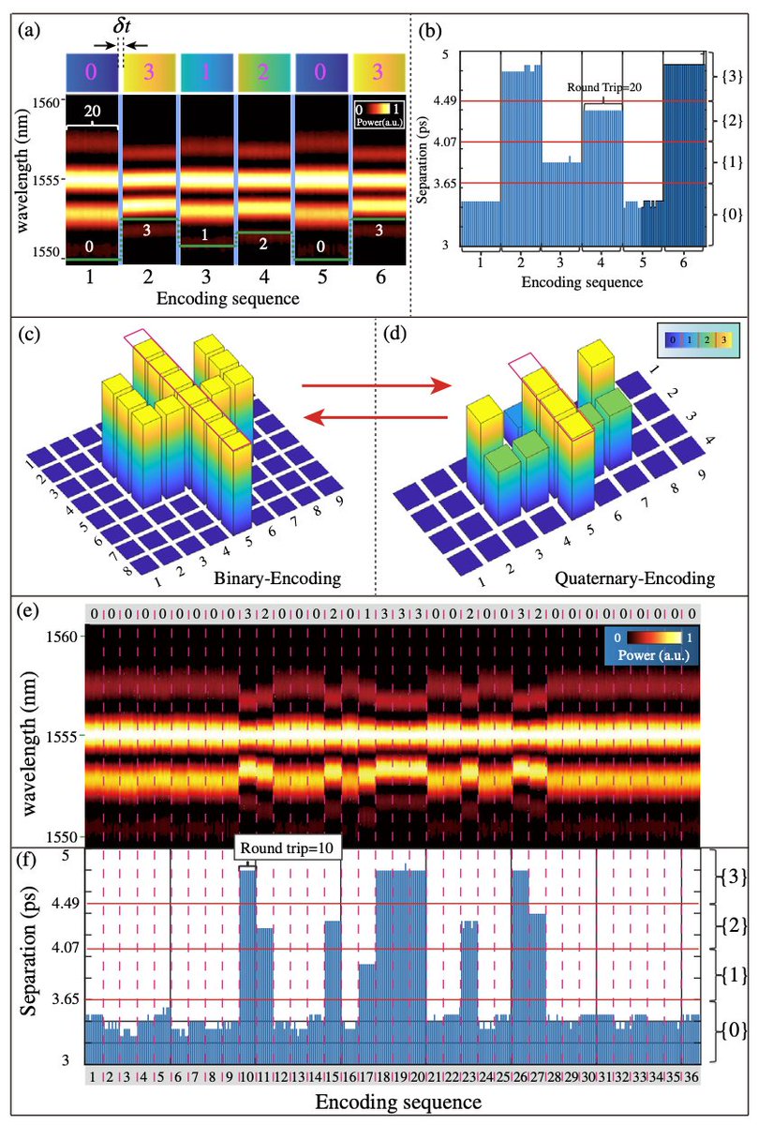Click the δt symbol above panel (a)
122,27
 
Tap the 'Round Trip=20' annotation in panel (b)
604,87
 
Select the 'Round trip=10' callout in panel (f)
288,849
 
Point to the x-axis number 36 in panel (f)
691,1073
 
